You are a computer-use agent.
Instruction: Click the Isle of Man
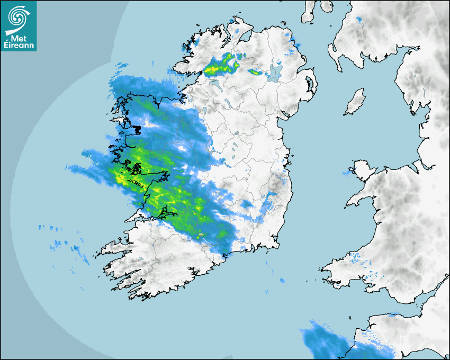pos(355,102)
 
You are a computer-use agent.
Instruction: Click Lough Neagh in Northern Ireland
pos(275,71)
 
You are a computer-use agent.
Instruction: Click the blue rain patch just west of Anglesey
pos(348,173)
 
